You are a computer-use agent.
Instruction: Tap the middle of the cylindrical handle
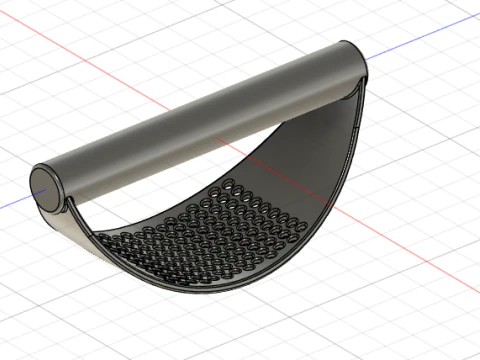pyautogui.click(x=200, y=120)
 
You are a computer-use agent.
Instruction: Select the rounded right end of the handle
pyautogui.click(x=355, y=62)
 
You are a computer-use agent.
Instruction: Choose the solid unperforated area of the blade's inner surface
pyautogui.click(x=300, y=150)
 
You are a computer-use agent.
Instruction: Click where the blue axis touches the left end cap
pyautogui.click(x=31, y=194)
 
